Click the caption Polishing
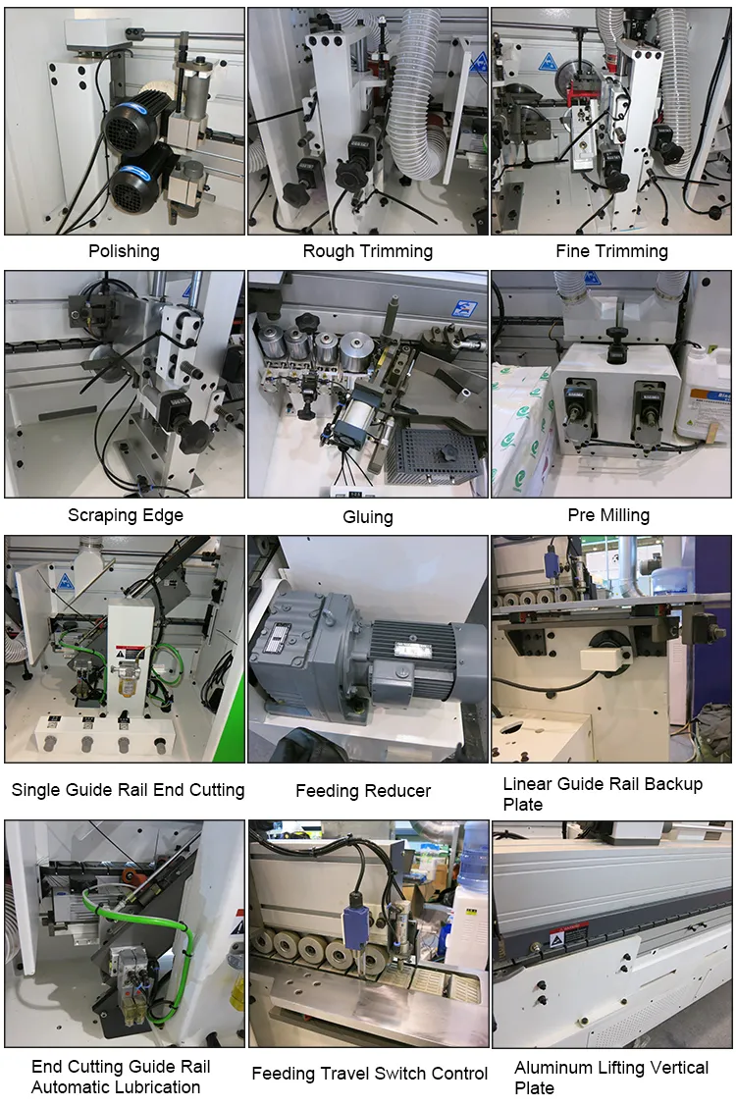pyautogui.click(x=124, y=251)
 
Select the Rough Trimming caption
pyautogui.click(x=367, y=251)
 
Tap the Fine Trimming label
pyautogui.click(x=611, y=251)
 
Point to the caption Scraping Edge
pyautogui.click(x=125, y=514)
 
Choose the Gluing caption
pyautogui.click(x=367, y=516)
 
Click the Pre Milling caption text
pyautogui.click(x=608, y=514)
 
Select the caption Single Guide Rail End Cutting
pyautogui.click(x=128, y=789)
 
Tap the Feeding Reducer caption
pyautogui.click(x=363, y=790)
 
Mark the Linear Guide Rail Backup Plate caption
pyautogui.click(x=603, y=794)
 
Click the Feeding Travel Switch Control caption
pyautogui.click(x=369, y=1073)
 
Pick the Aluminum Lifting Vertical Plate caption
pyautogui.click(x=611, y=1077)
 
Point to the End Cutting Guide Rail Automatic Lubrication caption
pyautogui.click(x=121, y=1077)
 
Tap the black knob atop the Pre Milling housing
pyautogui.click(x=615, y=337)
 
